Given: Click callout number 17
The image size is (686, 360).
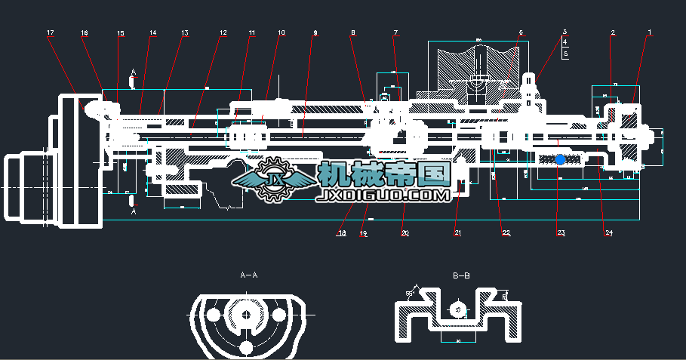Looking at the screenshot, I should pos(51,32).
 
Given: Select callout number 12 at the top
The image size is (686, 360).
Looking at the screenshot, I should pos(223,32).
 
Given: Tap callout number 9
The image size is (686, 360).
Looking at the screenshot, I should pos(315,32).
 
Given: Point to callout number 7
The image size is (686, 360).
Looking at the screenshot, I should pos(395,32).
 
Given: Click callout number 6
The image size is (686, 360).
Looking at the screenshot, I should pos(521,32).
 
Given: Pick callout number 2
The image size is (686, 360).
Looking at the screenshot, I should pos(613,32).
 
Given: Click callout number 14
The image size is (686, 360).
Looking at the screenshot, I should pos(152,32).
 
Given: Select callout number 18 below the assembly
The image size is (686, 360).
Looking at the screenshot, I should pos(342,233).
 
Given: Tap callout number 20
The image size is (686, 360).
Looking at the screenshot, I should pos(405,233).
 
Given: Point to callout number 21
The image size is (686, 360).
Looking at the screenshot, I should pos(457,233).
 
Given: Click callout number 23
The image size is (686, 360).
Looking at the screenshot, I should pos(561,233).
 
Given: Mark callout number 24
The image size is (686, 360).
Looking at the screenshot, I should pos(608,233).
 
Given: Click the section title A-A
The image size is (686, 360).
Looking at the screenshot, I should pos(248,276).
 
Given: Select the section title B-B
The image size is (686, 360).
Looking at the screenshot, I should pos(461,276).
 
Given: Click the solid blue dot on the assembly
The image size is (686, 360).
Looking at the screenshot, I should pos(560,160).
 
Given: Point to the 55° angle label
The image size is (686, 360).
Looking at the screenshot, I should pos(410,293).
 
